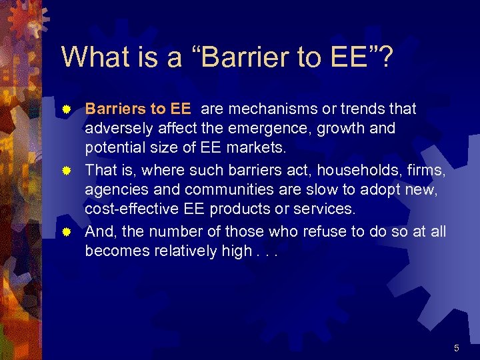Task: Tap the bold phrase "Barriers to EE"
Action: pyautogui.click(x=138, y=109)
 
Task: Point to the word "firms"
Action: pyautogui.click(x=425, y=170)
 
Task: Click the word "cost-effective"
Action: pyautogui.click(x=129, y=209)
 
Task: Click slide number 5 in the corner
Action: pyautogui.click(x=457, y=347)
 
